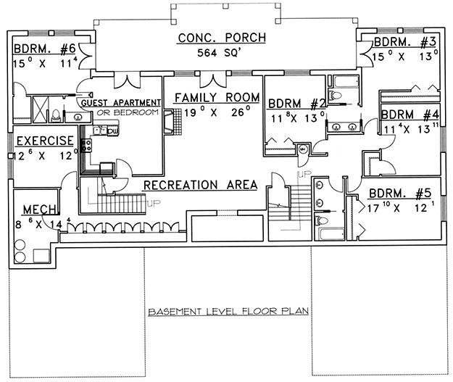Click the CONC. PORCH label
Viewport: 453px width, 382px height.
click(x=221, y=38)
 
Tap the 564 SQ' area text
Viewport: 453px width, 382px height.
click(x=222, y=53)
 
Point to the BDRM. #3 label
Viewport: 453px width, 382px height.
click(x=403, y=41)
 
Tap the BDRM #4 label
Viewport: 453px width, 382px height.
click(x=410, y=115)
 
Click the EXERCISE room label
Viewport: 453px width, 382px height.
click(x=45, y=141)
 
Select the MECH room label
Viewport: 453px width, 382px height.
click(x=36, y=209)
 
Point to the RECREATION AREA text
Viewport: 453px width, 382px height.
click(x=200, y=185)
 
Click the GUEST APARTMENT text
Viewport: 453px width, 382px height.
click(x=119, y=104)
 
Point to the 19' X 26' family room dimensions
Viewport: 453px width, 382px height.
click(x=211, y=111)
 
